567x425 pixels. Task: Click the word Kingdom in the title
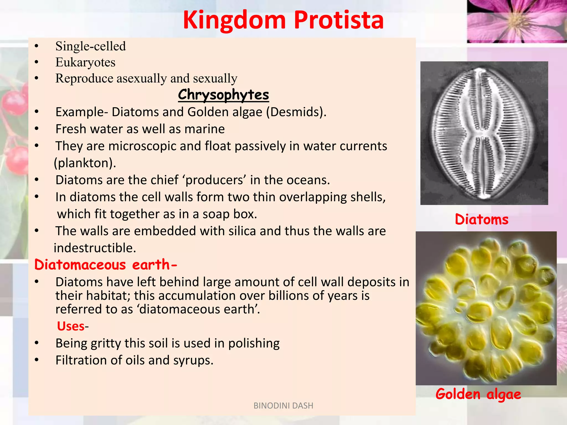tap(234, 20)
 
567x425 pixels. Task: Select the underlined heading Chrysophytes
tap(223, 95)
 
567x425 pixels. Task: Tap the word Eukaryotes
tap(85, 62)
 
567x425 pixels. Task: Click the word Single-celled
tap(91, 46)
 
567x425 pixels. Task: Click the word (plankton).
tap(85, 163)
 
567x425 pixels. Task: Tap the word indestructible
tap(95, 248)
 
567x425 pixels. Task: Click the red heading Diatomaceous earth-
tap(105, 265)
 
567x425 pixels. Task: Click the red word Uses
tap(71, 326)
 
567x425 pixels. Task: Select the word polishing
tap(254, 343)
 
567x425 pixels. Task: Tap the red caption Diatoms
tap(481, 219)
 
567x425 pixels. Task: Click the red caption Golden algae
tap(478, 394)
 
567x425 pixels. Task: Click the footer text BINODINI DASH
tap(283, 406)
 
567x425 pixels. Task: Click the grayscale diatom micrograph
tap(484, 133)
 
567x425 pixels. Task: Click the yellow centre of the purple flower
tap(516, 21)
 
